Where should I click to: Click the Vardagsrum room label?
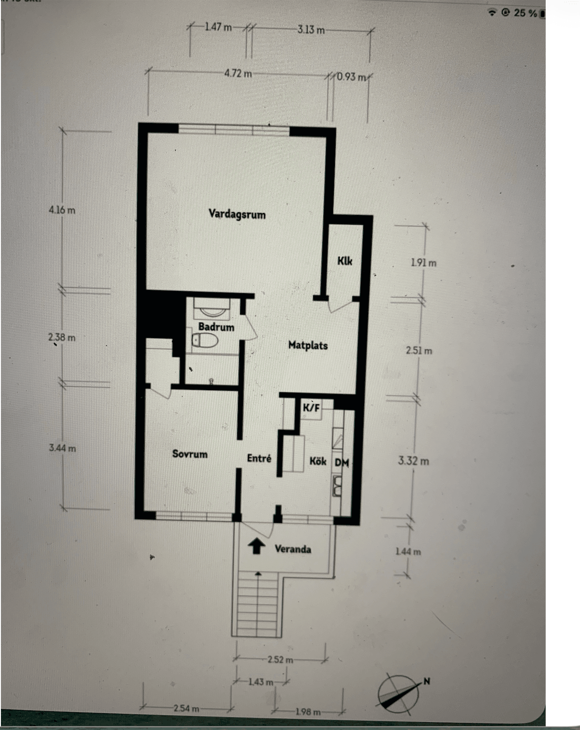[x=237, y=214]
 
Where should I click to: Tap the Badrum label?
[x=216, y=327]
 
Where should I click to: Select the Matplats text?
[x=308, y=345]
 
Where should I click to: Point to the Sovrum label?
[x=190, y=454]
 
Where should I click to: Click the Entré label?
[x=259, y=458]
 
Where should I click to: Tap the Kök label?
[x=318, y=461]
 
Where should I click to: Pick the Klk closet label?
[x=344, y=261]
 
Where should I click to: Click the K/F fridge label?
[x=311, y=408]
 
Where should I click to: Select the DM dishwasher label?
[x=342, y=462]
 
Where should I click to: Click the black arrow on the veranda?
[x=257, y=547]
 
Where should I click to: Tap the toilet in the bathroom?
[x=205, y=340]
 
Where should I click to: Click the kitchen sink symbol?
[x=337, y=486]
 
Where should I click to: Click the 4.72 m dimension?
[x=238, y=73]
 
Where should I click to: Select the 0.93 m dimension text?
[x=351, y=77]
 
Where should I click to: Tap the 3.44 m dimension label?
[x=62, y=448]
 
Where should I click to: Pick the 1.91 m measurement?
[x=424, y=262]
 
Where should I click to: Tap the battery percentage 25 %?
[x=526, y=13]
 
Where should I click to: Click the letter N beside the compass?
[x=427, y=681]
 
